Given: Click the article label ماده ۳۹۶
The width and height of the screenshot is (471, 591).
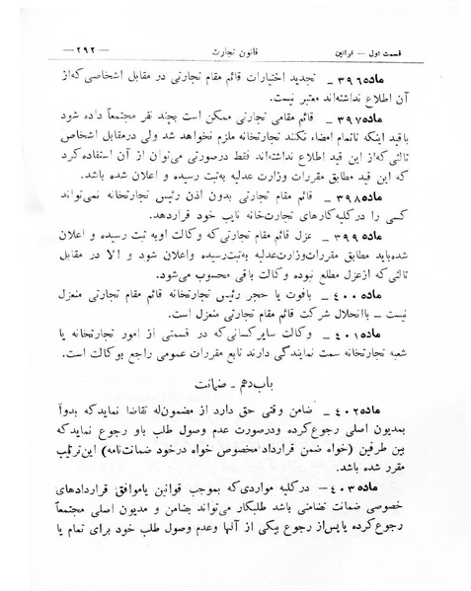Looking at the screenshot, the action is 397,80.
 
